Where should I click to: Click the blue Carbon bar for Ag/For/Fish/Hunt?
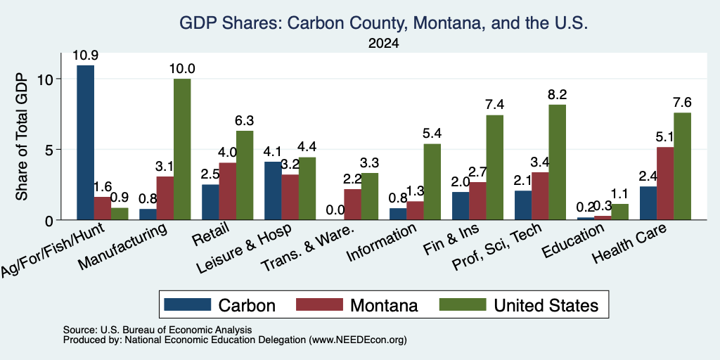tap(85, 142)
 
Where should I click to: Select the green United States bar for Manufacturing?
tap(182, 149)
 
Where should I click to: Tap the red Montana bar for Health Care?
tap(665, 184)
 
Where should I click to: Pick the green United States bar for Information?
tap(432, 182)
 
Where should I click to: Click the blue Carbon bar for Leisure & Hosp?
tap(274, 191)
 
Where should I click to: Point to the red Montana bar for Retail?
tap(228, 191)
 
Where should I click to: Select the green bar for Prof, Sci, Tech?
tap(558, 162)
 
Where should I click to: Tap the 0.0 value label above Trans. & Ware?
tap(335, 210)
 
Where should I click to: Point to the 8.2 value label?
tap(558, 95)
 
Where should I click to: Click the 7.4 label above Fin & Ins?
tap(495, 105)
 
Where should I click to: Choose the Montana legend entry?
tap(357, 305)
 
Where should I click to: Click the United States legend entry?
tap(520, 305)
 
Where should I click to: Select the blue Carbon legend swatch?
tap(187, 304)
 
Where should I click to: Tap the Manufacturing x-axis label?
tap(122, 247)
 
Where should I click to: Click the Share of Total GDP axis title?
tap(22, 136)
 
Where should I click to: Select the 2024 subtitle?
tap(383, 44)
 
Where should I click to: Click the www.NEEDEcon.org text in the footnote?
tap(358, 340)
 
